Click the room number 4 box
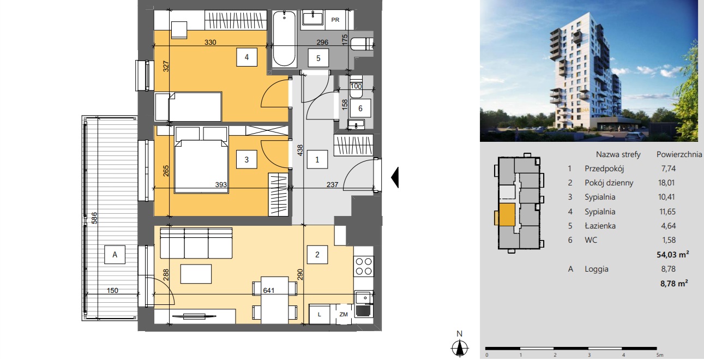pyautogui.click(x=246, y=57)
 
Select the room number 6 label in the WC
pyautogui.click(x=360, y=109)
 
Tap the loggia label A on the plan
pyautogui.click(x=115, y=255)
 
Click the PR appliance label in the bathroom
pyautogui.click(x=335, y=20)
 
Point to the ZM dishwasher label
pyautogui.click(x=344, y=314)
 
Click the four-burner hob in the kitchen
pyautogui.click(x=364, y=266)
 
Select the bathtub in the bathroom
pyautogui.click(x=284, y=39)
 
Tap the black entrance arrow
pyautogui.click(x=395, y=178)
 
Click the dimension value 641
pyautogui.click(x=269, y=291)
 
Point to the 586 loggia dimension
pyautogui.click(x=94, y=218)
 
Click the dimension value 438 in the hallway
pyautogui.click(x=300, y=151)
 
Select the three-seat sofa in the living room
pyautogui.click(x=196, y=243)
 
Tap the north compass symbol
pyautogui.click(x=460, y=345)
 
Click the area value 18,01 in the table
pyautogui.click(x=666, y=183)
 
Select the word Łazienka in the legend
pyautogui.click(x=600, y=226)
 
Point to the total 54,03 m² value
pyautogui.click(x=673, y=254)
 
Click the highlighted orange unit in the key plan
pyautogui.click(x=507, y=214)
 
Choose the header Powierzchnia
pyautogui.click(x=679, y=154)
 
